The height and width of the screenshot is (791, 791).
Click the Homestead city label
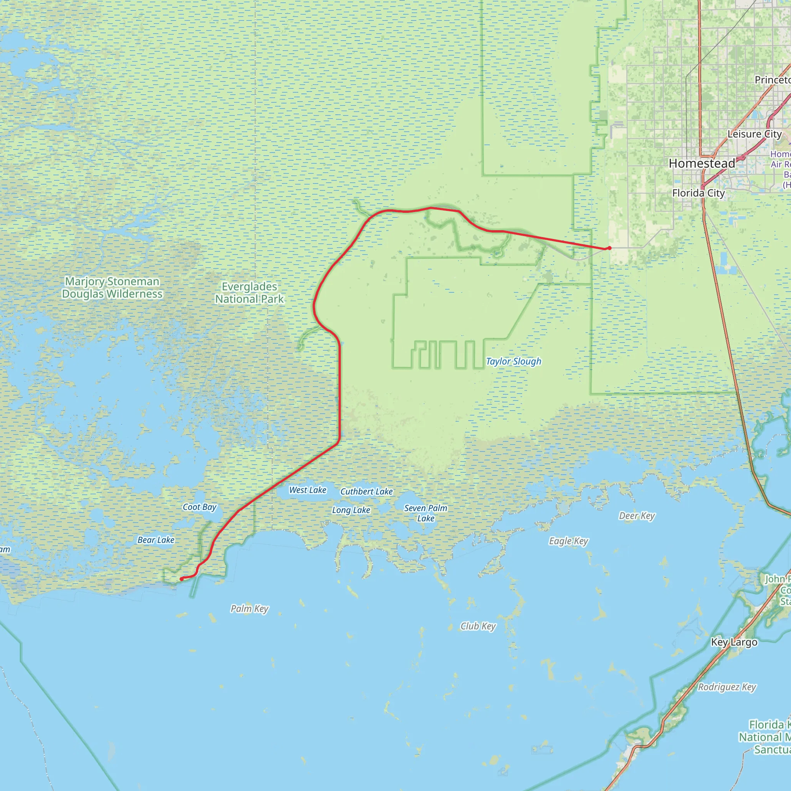pos(702,164)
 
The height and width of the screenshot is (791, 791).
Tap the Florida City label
pos(698,193)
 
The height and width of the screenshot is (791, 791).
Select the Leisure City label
pos(755,134)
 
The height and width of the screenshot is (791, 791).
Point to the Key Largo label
pos(734,642)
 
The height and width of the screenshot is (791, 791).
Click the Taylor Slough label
pos(513,361)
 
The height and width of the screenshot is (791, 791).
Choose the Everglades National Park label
pos(250,293)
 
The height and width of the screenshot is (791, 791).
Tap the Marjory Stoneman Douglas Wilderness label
pos(112,287)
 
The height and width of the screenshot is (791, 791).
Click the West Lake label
pos(307,490)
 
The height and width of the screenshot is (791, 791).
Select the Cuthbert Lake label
pos(367,491)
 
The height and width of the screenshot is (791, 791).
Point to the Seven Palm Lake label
pos(426,513)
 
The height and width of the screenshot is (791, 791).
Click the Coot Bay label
pos(199,507)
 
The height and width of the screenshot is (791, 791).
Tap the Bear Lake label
pos(156,540)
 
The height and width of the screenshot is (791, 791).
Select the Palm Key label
pos(250,608)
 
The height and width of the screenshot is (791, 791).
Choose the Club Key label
pos(478,626)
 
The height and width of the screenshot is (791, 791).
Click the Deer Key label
pos(637,516)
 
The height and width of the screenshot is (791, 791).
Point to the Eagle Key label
pos(568,541)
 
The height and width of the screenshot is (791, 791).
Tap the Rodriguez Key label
pos(727,687)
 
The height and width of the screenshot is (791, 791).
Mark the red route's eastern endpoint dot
pos(609,248)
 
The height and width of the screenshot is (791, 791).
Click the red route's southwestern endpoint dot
pos(182,579)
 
